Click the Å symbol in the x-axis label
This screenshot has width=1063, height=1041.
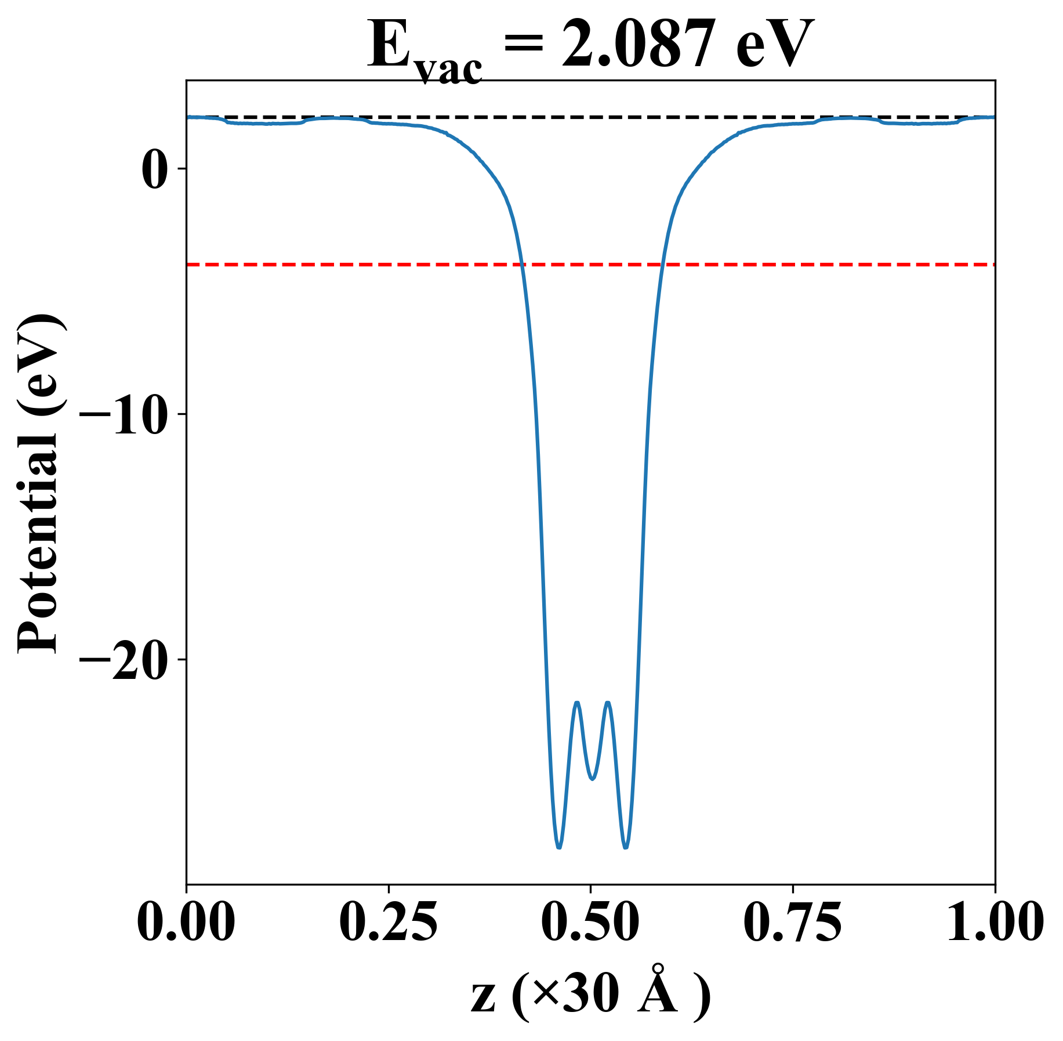[658, 991]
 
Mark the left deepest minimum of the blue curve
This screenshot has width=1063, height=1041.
[558, 847]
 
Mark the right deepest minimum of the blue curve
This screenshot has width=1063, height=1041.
[626, 847]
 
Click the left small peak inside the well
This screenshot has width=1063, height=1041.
[577, 703]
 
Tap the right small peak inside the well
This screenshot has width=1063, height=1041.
[608, 703]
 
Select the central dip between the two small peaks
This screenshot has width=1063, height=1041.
[592, 779]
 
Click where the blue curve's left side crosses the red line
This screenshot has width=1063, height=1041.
[523, 265]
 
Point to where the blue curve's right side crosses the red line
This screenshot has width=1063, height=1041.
[662, 265]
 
